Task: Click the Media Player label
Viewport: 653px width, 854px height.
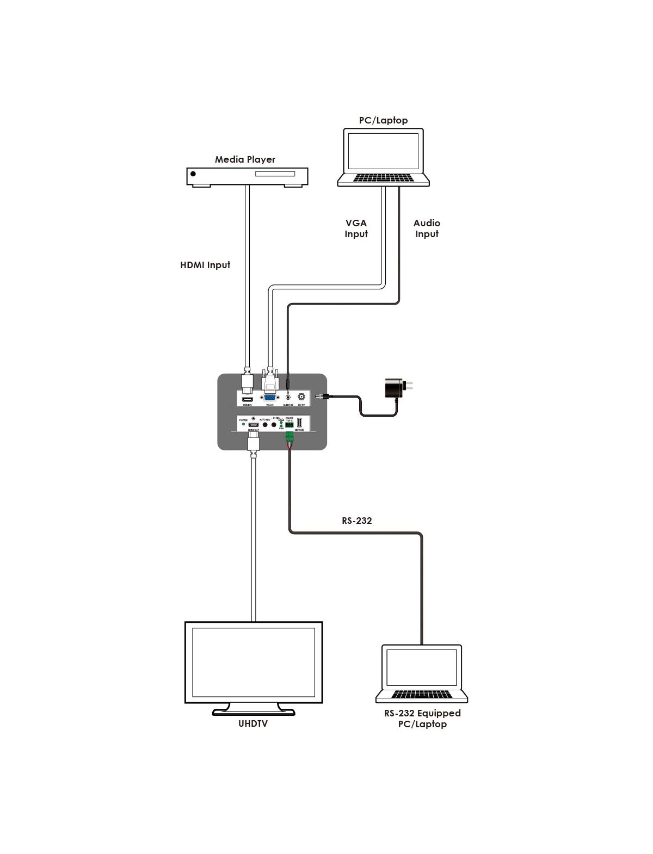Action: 245,159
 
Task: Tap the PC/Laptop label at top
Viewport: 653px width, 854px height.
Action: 383,120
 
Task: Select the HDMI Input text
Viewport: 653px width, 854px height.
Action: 205,265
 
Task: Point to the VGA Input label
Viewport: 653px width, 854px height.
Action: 356,228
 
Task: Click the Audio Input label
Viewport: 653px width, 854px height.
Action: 427,228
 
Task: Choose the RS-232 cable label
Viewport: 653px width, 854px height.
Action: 356,521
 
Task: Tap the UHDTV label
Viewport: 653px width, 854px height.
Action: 252,723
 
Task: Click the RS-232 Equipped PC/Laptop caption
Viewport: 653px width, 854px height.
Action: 422,719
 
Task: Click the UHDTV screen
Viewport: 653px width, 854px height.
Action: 254,661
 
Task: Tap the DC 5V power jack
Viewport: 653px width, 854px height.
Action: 301,397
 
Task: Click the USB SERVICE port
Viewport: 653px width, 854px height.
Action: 299,423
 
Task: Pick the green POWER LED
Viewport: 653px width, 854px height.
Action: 243,424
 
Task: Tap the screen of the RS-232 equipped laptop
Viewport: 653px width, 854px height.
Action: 422,667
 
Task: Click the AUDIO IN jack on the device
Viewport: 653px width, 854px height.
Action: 288,397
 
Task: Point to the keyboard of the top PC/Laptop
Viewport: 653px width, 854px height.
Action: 384,178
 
